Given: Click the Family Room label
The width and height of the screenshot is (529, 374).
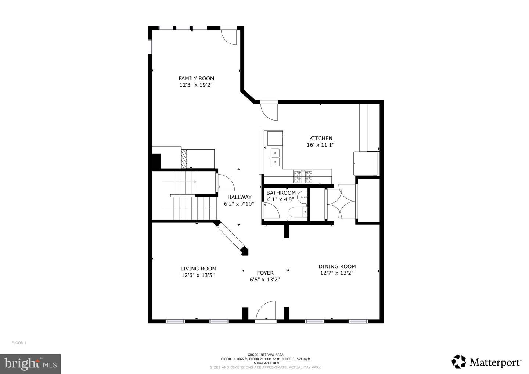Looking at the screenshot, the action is [196, 78].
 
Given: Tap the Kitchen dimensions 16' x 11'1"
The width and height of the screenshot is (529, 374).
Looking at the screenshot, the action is [320, 145].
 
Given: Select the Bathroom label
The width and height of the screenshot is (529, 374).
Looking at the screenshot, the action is [281, 193].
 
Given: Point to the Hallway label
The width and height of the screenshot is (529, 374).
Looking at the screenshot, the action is [240, 197].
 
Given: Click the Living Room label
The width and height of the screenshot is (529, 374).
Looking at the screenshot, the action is [198, 269].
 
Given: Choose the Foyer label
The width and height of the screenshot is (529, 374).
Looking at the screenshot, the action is [265, 273].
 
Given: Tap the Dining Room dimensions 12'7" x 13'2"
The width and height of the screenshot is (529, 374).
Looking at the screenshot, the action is [337, 273].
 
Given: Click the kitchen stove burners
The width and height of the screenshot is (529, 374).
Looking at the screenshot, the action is [303, 176].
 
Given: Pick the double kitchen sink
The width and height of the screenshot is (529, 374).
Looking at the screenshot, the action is [275, 157].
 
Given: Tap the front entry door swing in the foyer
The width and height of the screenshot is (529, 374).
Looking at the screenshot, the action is [266, 310].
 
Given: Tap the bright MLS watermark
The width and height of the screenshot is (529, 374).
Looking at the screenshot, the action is [30, 364].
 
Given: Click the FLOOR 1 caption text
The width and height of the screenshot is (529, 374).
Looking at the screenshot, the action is [19, 343].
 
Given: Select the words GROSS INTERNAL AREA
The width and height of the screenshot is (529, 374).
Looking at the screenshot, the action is [266, 355].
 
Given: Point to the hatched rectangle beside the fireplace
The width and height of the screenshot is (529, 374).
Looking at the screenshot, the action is [184, 159].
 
